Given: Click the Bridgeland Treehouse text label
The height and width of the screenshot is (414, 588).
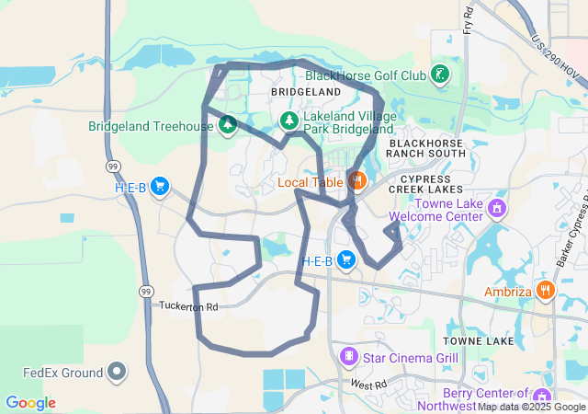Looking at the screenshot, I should (150, 127).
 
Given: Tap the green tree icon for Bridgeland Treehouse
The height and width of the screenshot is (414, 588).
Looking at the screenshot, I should (226, 124).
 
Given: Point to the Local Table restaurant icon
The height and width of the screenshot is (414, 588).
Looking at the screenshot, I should (357, 179).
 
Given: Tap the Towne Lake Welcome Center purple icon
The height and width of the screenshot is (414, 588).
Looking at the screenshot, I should (497, 208).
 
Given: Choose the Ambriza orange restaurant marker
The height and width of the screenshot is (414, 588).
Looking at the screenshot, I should (546, 291).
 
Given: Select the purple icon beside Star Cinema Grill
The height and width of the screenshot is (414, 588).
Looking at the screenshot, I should (348, 355).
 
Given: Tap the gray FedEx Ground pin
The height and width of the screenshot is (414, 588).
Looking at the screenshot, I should (117, 372).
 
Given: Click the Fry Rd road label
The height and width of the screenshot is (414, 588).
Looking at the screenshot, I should (468, 17).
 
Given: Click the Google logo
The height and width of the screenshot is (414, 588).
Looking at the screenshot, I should (30, 403).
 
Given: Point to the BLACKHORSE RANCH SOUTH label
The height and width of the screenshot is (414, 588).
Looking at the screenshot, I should (427, 148).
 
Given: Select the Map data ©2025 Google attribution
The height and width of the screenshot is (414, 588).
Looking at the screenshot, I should (531, 407).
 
